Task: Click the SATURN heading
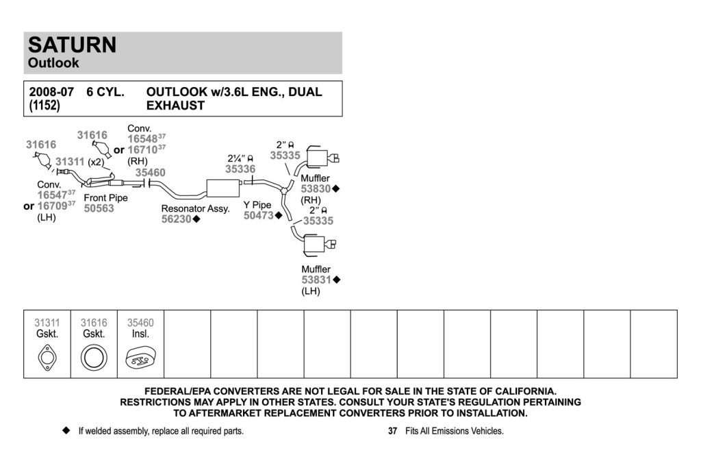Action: coord(72,45)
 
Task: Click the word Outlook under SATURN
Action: coord(53,62)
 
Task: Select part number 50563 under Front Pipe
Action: coord(99,208)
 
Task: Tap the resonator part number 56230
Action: coord(176,219)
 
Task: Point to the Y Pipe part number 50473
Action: coord(258,216)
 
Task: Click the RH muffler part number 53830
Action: coord(316,189)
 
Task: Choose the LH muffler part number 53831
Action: coord(316,280)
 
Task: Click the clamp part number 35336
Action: coord(240,169)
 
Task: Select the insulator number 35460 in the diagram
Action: coord(150,173)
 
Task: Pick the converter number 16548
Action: coord(142,139)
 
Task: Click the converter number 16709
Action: coord(52,206)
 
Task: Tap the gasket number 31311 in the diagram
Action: coord(70,162)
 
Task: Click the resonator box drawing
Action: coord(223,188)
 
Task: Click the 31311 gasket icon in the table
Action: coord(47,358)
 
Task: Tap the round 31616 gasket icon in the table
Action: coord(94,358)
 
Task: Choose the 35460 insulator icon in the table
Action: coord(140,358)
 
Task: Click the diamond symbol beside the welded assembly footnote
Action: coord(66,430)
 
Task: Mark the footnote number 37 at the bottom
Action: coord(392,431)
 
